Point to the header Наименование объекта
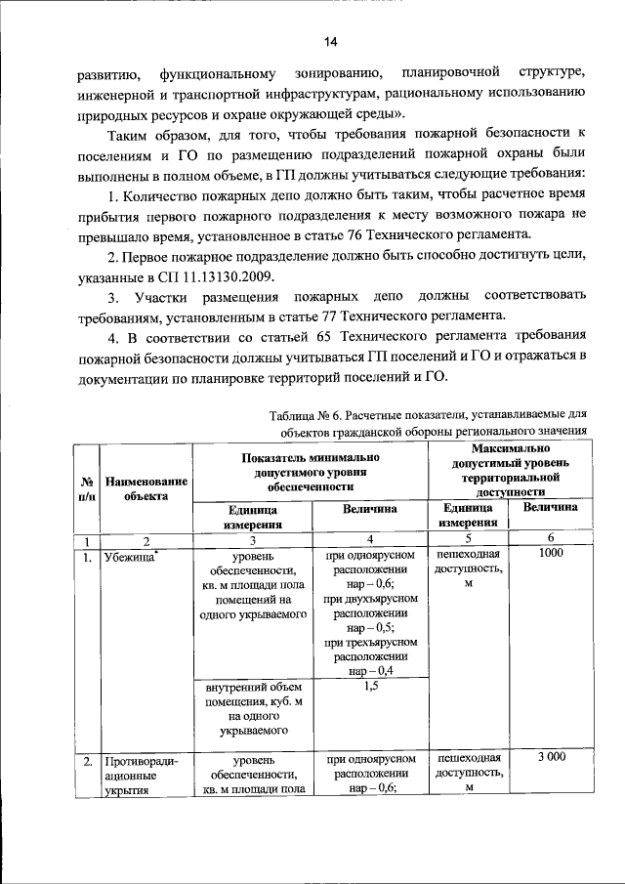tap(147, 487)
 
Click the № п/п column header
tap(86, 487)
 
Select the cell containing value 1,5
tap(370, 688)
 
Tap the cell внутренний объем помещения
tap(252, 707)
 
